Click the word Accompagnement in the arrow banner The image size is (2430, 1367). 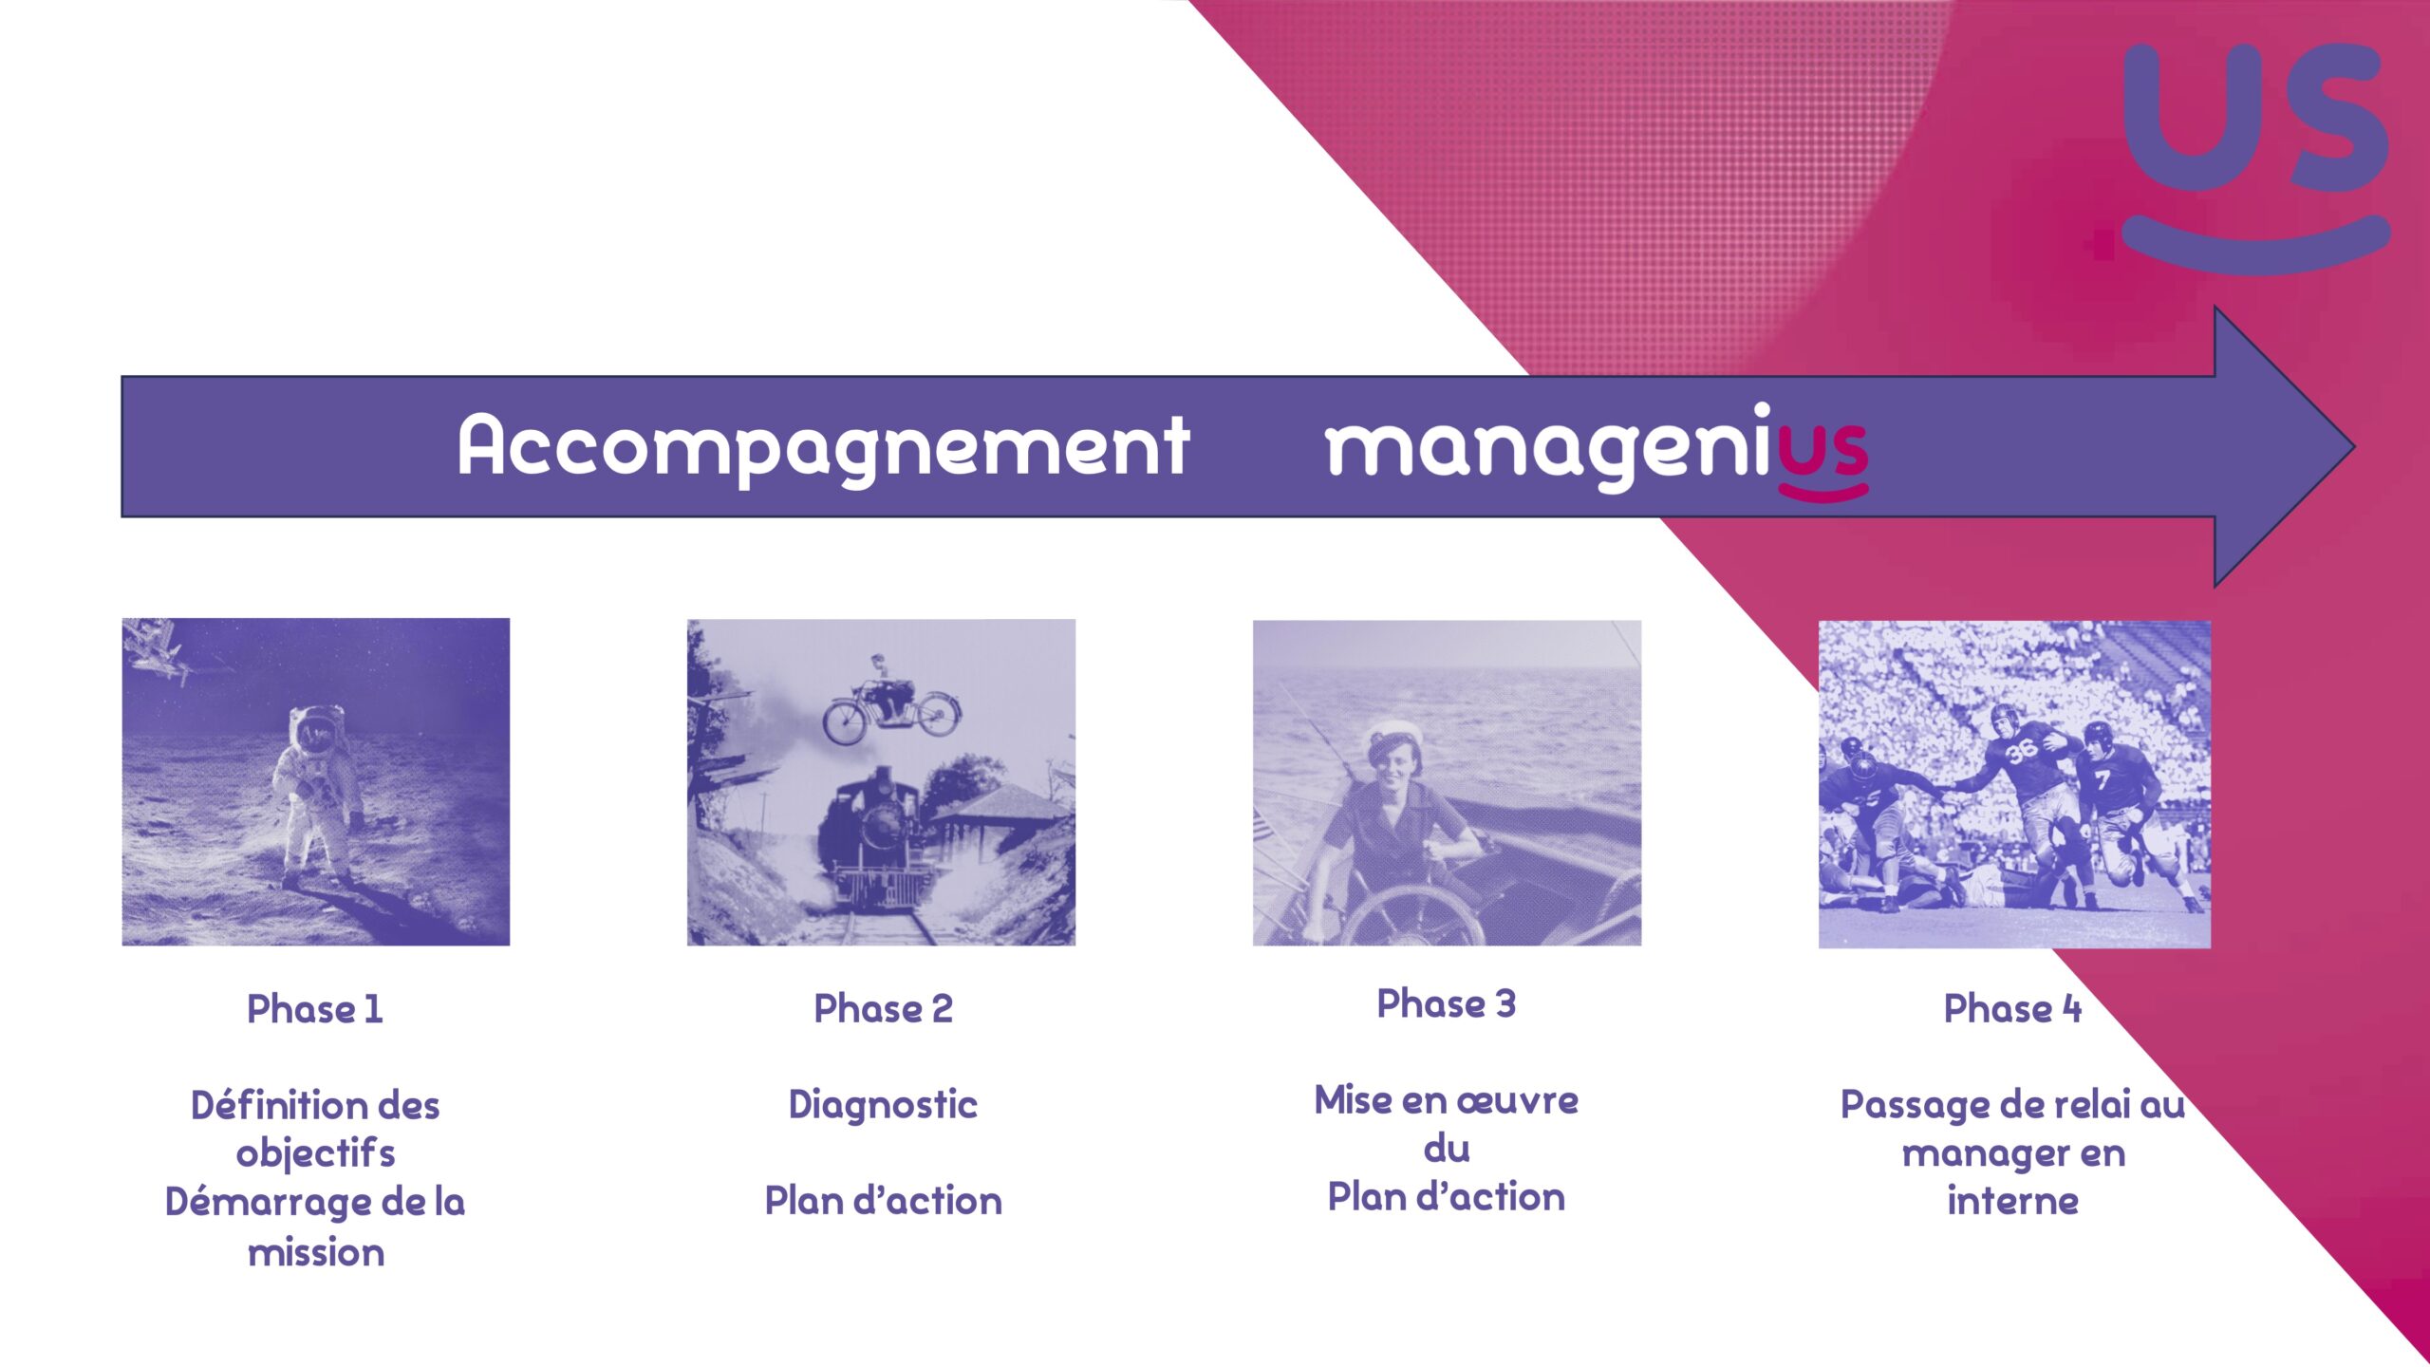click(823, 446)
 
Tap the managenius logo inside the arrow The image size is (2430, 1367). click(1597, 450)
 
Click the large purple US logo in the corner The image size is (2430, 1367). click(2255, 157)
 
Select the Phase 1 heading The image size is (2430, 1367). click(315, 1008)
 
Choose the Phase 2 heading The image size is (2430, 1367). click(883, 1008)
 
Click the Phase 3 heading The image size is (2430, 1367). click(1447, 1003)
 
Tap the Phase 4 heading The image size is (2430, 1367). click(2012, 1008)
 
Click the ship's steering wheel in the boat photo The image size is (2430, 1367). click(1414, 916)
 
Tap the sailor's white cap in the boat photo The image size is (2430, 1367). click(1393, 735)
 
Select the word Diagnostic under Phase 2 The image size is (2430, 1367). click(883, 1104)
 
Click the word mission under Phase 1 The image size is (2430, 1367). click(316, 1253)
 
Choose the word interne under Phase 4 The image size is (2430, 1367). click(2012, 1201)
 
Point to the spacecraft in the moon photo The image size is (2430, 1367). click(161, 650)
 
